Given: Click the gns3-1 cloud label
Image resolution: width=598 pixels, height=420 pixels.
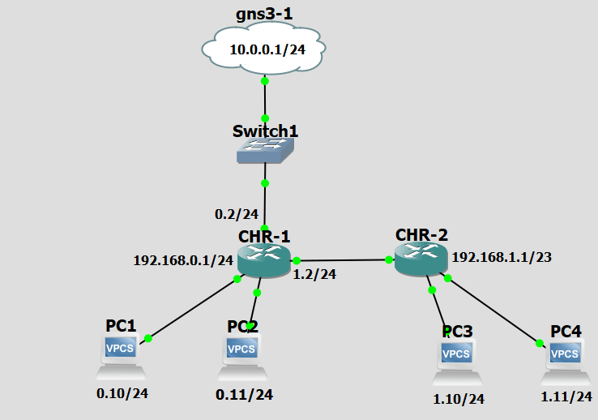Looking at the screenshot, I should click(265, 14).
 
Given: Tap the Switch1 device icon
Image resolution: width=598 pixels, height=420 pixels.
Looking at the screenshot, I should click(265, 149).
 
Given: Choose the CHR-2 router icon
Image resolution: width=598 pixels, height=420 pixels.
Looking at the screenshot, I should click(421, 259).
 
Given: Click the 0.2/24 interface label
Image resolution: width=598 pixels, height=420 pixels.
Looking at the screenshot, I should click(236, 214).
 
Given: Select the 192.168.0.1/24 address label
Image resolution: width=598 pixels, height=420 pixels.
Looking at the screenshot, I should click(183, 261).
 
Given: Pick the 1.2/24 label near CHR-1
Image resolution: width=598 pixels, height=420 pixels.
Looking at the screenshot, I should click(316, 274).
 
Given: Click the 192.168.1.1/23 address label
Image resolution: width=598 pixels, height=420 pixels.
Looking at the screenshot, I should click(502, 257).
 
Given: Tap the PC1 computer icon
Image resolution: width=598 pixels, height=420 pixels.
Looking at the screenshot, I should click(122, 356).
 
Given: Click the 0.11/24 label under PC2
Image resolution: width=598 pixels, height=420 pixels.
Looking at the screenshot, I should click(244, 395).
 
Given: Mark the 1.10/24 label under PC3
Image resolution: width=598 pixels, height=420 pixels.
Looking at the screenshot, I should click(458, 399).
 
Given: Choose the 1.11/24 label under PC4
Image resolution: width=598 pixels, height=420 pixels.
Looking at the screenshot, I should click(566, 396).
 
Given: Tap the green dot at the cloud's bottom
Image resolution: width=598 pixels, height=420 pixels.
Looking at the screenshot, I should click(265, 81).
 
